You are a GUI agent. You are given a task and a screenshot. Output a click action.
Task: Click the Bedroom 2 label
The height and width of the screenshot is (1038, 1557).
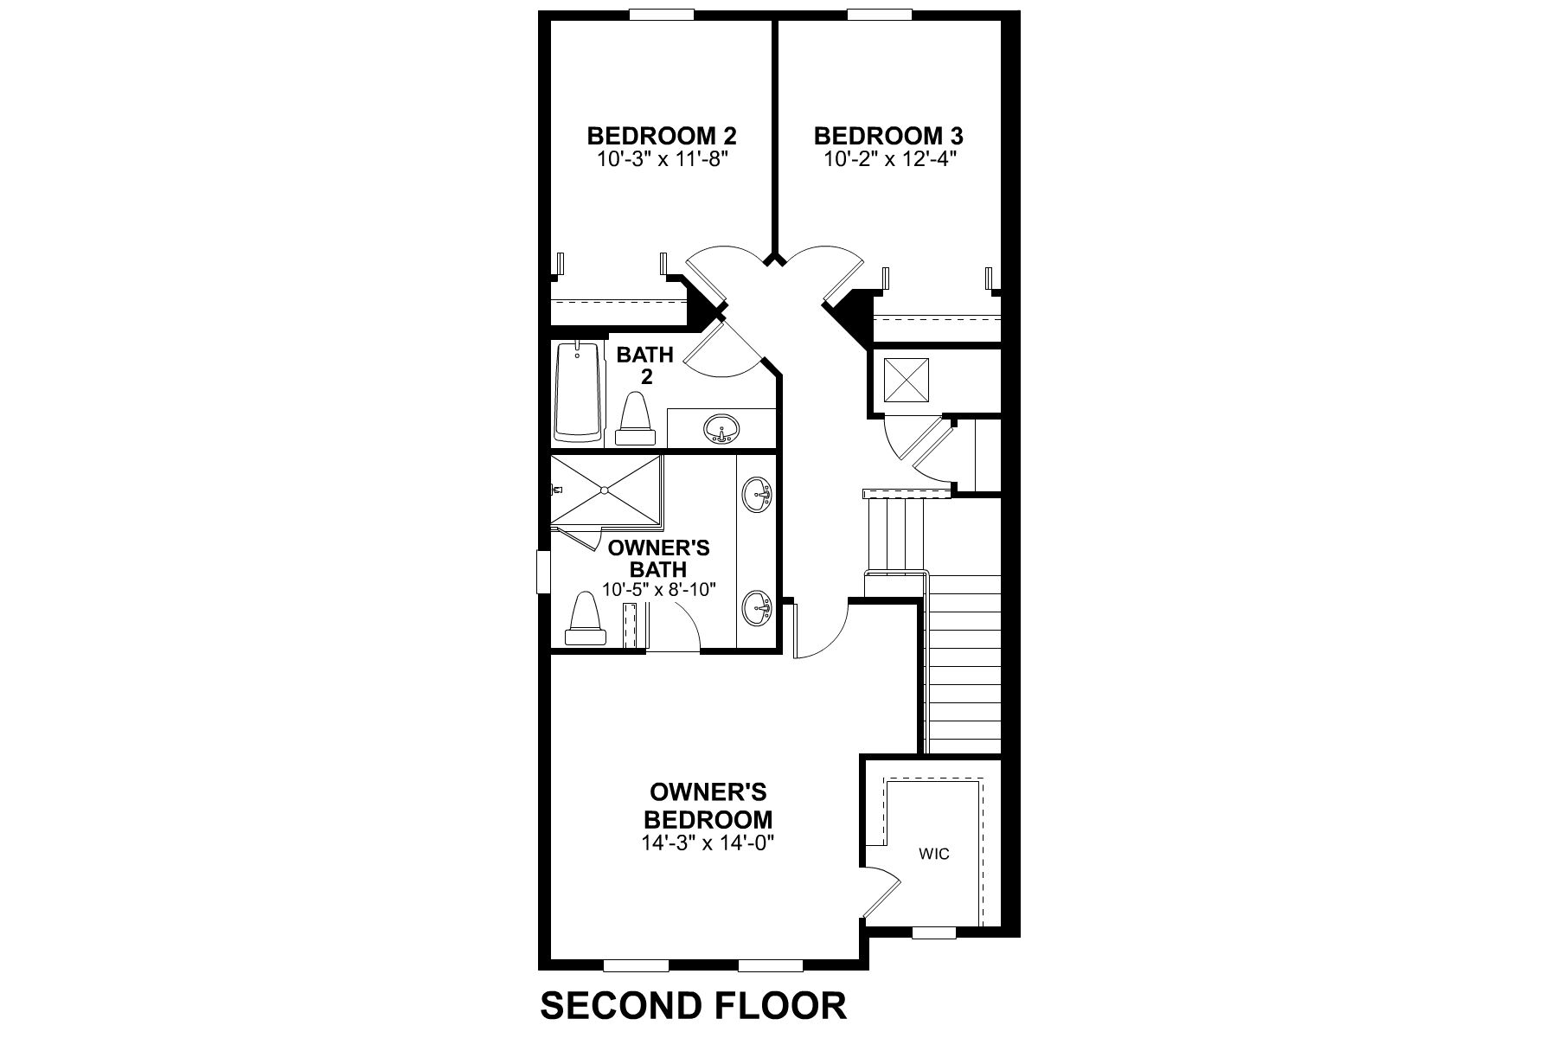[662, 136]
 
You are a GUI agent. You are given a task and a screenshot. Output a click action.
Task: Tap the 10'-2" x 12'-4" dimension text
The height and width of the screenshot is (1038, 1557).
[888, 159]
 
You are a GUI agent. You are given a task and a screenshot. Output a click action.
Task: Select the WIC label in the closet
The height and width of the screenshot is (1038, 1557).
[934, 854]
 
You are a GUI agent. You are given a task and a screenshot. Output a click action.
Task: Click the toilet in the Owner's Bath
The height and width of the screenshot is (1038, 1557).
[586, 618]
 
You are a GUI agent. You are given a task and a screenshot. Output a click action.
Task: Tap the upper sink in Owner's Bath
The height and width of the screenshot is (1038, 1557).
[757, 495]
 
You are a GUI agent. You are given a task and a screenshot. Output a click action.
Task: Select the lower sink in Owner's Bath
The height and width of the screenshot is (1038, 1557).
[757, 607]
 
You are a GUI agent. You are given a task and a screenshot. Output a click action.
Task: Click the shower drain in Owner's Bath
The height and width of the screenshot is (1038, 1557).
[605, 490]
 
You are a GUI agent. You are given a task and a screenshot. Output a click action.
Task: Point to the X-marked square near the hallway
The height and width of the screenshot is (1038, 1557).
[905, 381]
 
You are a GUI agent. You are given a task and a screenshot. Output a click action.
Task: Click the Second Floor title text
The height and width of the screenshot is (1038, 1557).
[693, 1006]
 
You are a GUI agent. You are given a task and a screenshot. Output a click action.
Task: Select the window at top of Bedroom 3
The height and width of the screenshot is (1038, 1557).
[879, 14]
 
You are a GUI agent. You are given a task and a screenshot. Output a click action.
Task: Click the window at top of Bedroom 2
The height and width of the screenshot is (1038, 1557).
[662, 14]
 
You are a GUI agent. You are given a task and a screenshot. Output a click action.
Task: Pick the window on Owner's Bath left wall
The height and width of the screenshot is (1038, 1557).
[543, 572]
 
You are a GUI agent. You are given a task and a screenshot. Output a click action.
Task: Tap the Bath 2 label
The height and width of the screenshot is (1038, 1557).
[645, 365]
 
